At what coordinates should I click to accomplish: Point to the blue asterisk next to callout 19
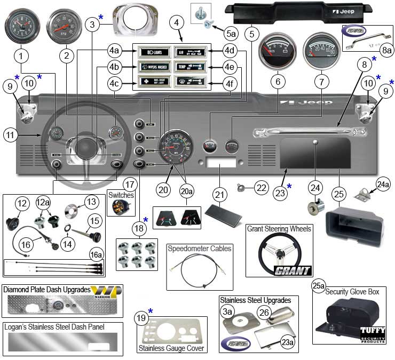tap(151, 311)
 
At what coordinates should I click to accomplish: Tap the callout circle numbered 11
tap(14, 134)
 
